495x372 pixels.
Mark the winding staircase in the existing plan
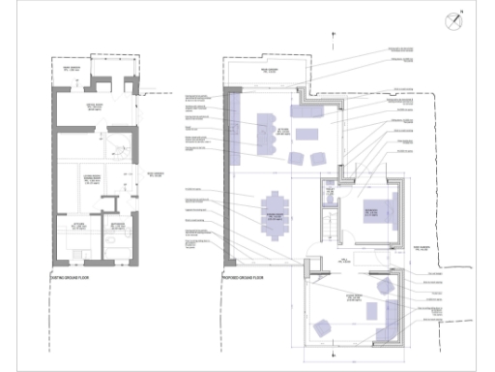(119, 150)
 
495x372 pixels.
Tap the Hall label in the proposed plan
(341, 260)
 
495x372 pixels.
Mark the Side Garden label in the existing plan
(155, 174)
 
